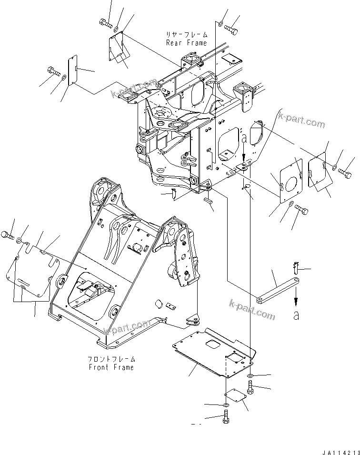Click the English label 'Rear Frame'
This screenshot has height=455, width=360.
tap(186, 43)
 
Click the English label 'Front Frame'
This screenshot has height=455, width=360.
tap(111, 367)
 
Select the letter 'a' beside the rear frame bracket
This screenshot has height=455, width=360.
tap(244, 139)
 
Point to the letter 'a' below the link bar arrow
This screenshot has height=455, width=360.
tap(296, 315)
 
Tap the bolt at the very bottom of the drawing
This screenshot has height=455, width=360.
tap(226, 418)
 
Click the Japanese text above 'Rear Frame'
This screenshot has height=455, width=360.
tap(186, 35)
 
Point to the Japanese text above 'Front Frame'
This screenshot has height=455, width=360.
tap(111, 359)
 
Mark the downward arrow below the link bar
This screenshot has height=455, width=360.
tap(296, 300)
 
